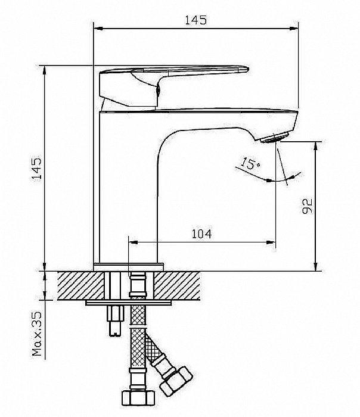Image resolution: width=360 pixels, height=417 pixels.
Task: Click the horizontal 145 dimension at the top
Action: coord(196,20)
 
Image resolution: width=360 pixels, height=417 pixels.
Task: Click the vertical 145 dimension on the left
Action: coord(37,169)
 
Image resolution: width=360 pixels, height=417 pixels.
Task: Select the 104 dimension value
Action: coord(201,234)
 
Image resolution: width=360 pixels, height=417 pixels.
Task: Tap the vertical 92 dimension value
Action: coord(308,206)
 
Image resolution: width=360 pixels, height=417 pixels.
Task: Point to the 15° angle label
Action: coord(250,164)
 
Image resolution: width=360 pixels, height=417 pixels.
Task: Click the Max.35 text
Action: coord(37,334)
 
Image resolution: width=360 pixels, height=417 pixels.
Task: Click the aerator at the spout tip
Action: coord(275,137)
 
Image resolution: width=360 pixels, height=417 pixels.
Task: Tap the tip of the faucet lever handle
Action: coord(248,69)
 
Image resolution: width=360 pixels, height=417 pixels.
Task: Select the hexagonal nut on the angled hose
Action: coord(176,382)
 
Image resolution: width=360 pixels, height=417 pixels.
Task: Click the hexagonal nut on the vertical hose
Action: coord(138,398)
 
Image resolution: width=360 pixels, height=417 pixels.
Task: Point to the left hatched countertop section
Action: coord(80,285)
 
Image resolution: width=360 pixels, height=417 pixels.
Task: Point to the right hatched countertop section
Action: coord(177,285)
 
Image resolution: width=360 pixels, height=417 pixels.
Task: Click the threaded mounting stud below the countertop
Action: coord(115,320)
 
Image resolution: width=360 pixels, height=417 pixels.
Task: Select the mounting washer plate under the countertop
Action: coord(129,303)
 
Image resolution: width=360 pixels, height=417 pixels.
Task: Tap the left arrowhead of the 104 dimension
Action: coord(133,242)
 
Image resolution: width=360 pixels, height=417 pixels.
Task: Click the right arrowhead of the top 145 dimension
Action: coord(294,28)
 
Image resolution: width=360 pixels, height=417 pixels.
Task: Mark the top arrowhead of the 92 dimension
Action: coord(315,146)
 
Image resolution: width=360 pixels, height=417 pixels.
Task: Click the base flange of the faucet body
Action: coord(129,267)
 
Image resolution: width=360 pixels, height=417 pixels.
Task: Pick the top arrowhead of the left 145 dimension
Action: coord(45,70)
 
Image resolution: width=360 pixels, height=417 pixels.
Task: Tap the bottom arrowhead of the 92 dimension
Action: coord(315,267)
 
